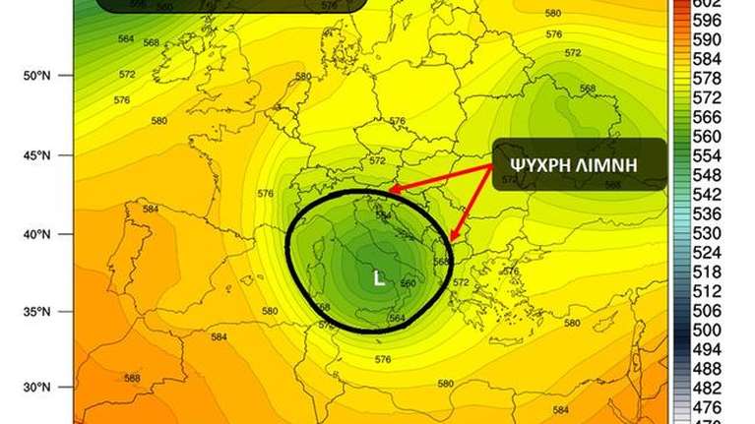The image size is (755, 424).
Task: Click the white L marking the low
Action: [379, 278]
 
